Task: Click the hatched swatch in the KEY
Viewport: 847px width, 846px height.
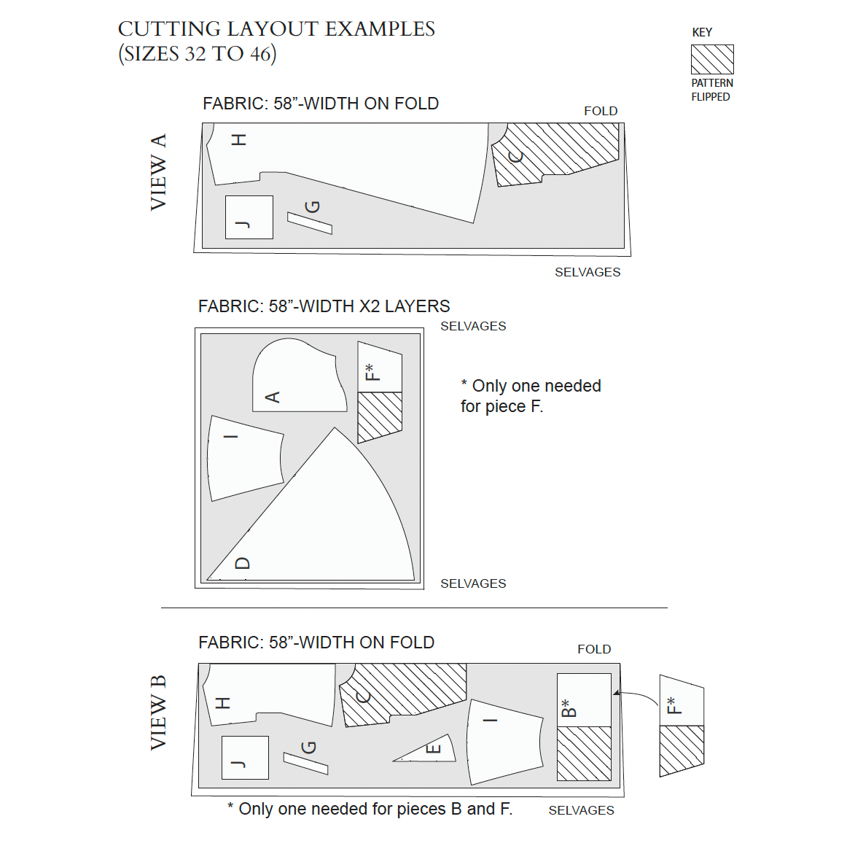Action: (712, 59)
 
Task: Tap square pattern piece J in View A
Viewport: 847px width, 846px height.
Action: (249, 217)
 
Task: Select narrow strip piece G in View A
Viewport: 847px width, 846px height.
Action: (310, 222)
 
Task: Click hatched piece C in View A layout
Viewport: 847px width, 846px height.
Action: (554, 153)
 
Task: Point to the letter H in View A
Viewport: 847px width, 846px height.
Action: (239, 139)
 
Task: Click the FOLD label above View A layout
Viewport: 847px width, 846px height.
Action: (601, 111)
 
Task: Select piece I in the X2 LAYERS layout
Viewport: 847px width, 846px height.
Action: (244, 457)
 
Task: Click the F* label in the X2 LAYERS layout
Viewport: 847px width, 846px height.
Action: (372, 372)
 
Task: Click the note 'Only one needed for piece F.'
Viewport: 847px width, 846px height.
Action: (531, 396)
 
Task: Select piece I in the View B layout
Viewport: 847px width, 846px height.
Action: (505, 740)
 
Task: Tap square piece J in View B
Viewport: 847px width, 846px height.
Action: (245, 758)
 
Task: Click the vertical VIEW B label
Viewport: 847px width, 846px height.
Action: (158, 713)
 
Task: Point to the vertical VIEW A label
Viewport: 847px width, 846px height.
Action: (158, 172)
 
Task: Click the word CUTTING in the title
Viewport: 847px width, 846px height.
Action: (169, 29)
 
